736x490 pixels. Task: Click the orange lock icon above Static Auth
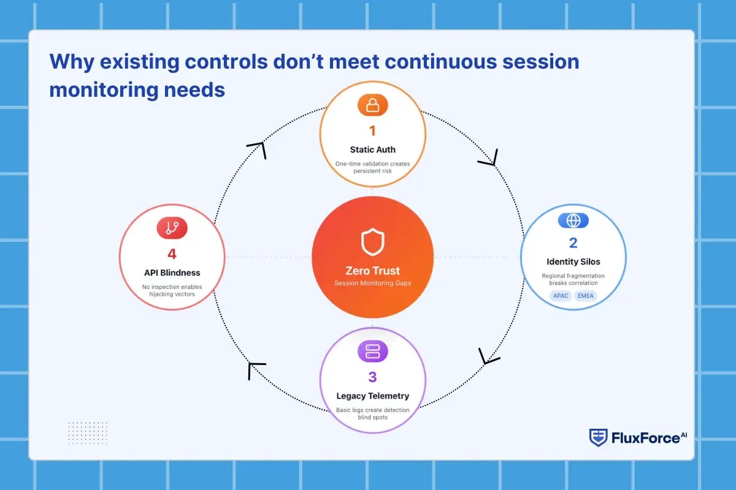pyautogui.click(x=372, y=106)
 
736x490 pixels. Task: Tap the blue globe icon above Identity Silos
pyautogui.click(x=573, y=221)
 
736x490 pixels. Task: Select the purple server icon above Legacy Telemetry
pyautogui.click(x=372, y=351)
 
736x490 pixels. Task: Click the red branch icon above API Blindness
pyautogui.click(x=172, y=228)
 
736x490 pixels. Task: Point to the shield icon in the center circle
pyautogui.click(x=372, y=242)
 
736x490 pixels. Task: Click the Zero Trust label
pyautogui.click(x=372, y=271)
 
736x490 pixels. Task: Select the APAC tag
pyautogui.click(x=561, y=296)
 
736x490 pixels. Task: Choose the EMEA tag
pyautogui.click(x=586, y=296)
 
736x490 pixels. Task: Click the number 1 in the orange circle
pyautogui.click(x=372, y=131)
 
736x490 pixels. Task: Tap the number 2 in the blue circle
pyautogui.click(x=573, y=243)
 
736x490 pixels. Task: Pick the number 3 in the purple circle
pyautogui.click(x=372, y=377)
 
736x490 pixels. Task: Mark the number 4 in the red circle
pyautogui.click(x=172, y=254)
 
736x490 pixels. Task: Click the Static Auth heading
pyautogui.click(x=372, y=149)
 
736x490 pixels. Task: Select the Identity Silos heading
pyautogui.click(x=573, y=262)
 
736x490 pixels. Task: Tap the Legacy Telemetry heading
pyautogui.click(x=372, y=396)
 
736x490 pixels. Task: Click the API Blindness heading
pyautogui.click(x=172, y=273)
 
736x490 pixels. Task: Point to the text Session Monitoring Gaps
pyautogui.click(x=372, y=283)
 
